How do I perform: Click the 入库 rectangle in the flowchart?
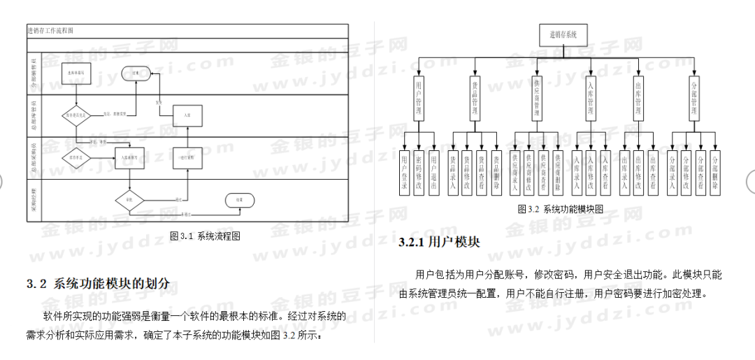tap(187, 115)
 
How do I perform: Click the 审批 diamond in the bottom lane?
tap(129, 199)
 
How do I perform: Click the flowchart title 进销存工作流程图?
tap(50, 31)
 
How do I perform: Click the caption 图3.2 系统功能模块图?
tap(561, 208)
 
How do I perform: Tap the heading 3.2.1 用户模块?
tap(439, 243)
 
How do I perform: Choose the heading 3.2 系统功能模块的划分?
tap(99, 284)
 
